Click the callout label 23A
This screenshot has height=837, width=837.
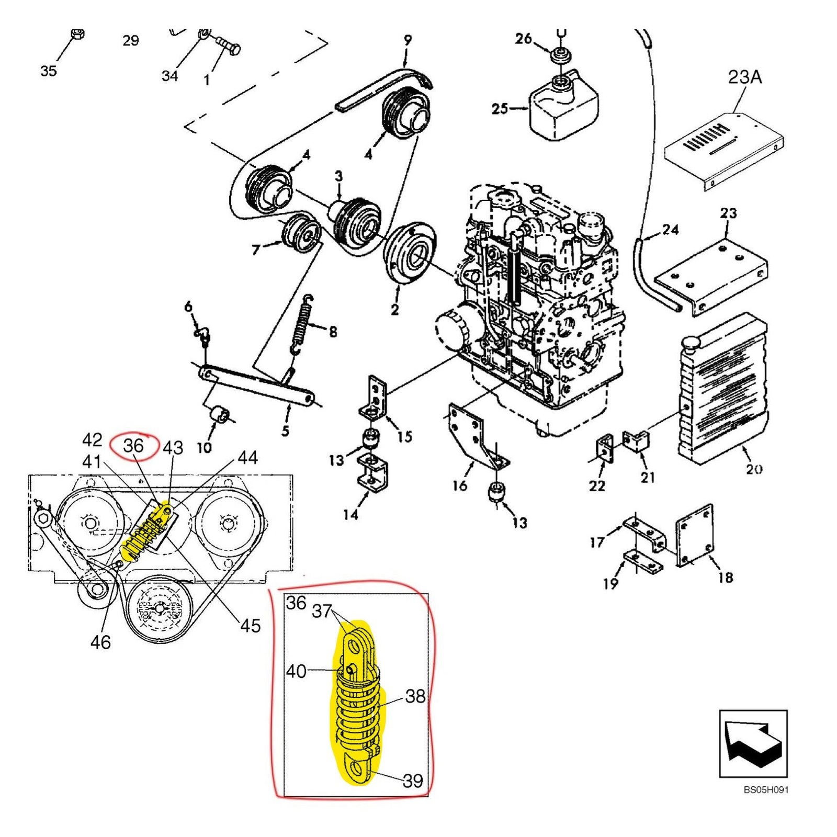point(744,77)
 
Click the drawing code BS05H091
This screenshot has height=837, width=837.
point(765,790)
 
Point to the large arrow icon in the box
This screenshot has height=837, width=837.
point(753,743)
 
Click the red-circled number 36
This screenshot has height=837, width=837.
point(133,446)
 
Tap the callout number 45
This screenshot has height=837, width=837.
point(250,625)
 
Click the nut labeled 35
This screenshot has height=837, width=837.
point(77,35)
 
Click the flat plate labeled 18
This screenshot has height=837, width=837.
point(694,535)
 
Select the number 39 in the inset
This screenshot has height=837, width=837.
point(413,781)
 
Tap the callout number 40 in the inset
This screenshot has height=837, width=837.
point(296,671)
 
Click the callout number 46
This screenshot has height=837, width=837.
point(100,642)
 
